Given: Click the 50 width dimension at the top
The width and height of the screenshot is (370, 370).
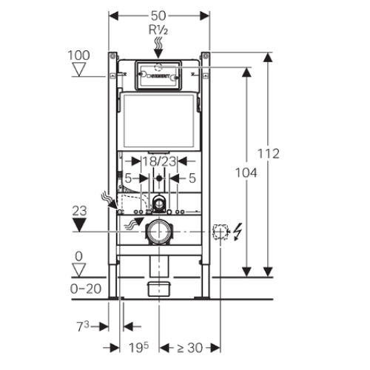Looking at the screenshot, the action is point(158,16).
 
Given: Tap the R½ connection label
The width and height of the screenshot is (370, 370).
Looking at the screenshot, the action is point(158,30).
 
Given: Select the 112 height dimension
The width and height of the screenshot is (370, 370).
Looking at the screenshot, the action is point(269,153).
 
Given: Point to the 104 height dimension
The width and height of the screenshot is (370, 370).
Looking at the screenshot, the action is point(246,172).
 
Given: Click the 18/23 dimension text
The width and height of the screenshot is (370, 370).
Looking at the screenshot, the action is point(160,161).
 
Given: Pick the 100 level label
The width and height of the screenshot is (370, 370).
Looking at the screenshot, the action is point(78,55).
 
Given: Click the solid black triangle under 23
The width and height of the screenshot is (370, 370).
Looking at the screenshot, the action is point(79,225).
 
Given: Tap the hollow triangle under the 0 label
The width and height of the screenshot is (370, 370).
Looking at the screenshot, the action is point(79,270).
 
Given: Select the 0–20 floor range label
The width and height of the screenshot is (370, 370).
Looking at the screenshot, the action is point(86,289).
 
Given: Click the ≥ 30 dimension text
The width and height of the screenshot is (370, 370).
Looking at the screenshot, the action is point(189,348).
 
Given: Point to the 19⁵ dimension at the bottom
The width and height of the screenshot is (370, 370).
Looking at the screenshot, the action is point(138,348).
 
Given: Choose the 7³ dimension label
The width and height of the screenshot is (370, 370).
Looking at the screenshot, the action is point(82,326).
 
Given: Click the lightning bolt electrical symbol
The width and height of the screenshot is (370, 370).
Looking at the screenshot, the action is point(238,232).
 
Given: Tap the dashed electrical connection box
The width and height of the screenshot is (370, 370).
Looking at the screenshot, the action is point(221,232).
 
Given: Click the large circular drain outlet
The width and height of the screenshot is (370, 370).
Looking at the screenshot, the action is point(159,232).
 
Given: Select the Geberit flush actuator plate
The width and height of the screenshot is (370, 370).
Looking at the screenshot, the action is point(158,75).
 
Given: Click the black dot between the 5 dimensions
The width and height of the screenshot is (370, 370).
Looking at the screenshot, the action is point(159,178).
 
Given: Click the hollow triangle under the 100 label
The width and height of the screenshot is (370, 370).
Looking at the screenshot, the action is point(79,70).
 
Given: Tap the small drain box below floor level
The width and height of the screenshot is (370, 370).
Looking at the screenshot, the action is point(159,289).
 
